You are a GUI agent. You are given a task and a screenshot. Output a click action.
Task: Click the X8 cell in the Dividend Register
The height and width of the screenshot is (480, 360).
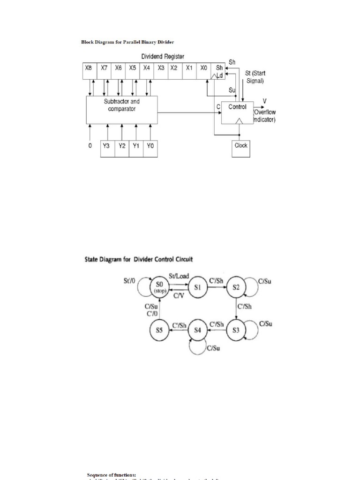tap(88, 68)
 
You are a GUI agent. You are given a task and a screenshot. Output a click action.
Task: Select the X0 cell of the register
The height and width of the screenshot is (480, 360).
tap(204, 68)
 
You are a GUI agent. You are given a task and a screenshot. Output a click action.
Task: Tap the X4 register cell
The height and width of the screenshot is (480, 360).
tap(147, 68)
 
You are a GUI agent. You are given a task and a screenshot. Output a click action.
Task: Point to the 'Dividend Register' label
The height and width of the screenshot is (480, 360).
tap(163, 57)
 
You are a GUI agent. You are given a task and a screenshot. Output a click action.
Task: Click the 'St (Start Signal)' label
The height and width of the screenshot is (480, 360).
tap(255, 77)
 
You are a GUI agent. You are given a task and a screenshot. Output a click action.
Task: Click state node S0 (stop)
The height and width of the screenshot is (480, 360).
tap(159, 287)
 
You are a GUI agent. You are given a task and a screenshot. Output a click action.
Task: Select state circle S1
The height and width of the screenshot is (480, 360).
tap(197, 287)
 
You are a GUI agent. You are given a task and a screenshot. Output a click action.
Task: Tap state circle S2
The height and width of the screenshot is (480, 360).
tap(236, 287)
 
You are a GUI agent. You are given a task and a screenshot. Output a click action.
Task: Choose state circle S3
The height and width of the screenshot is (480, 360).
tap(236, 330)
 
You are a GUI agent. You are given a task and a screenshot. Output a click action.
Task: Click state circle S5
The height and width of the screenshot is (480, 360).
tap(159, 330)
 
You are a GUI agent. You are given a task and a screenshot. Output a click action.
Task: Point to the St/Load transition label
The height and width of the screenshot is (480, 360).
tap(179, 277)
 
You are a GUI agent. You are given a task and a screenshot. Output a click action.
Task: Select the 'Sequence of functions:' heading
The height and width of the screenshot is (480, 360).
tap(111, 475)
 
